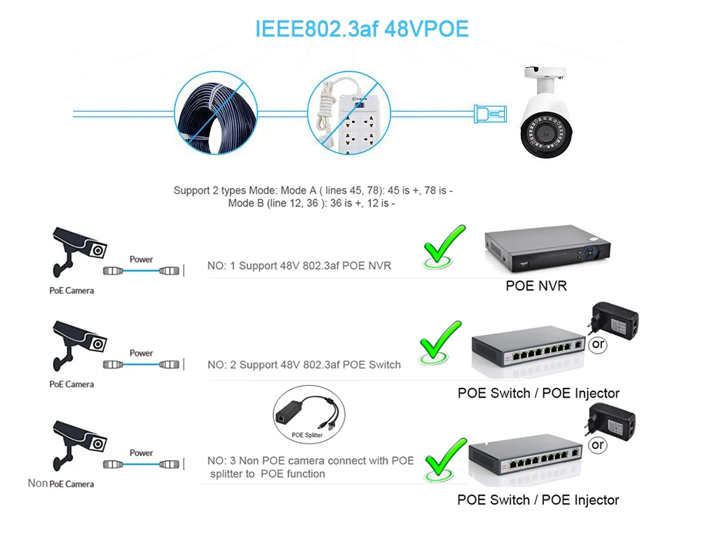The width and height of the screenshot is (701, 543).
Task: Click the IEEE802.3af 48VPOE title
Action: (362, 29)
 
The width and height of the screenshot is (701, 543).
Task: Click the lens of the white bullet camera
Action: (545, 133)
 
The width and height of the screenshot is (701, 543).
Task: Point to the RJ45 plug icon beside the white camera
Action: (490, 114)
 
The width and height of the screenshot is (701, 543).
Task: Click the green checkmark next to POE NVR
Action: (444, 246)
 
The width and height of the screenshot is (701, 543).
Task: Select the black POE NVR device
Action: (547, 248)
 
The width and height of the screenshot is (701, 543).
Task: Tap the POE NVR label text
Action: (536, 286)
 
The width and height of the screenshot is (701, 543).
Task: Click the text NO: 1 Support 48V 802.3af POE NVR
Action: (299, 266)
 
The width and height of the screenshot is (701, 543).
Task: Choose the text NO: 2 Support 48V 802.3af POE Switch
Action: (304, 365)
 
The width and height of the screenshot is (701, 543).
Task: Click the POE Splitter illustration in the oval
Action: (309, 414)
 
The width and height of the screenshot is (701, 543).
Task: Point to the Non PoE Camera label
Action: (61, 483)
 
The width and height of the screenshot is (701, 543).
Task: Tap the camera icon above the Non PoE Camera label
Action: (79, 445)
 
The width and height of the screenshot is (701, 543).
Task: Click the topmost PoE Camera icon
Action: (79, 252)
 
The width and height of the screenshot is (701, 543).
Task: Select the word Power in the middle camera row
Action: (142, 353)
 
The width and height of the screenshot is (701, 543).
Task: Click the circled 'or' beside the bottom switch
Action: (598, 445)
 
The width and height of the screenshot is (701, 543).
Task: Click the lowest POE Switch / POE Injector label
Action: (538, 500)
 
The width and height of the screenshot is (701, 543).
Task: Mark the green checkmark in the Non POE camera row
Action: (446, 460)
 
